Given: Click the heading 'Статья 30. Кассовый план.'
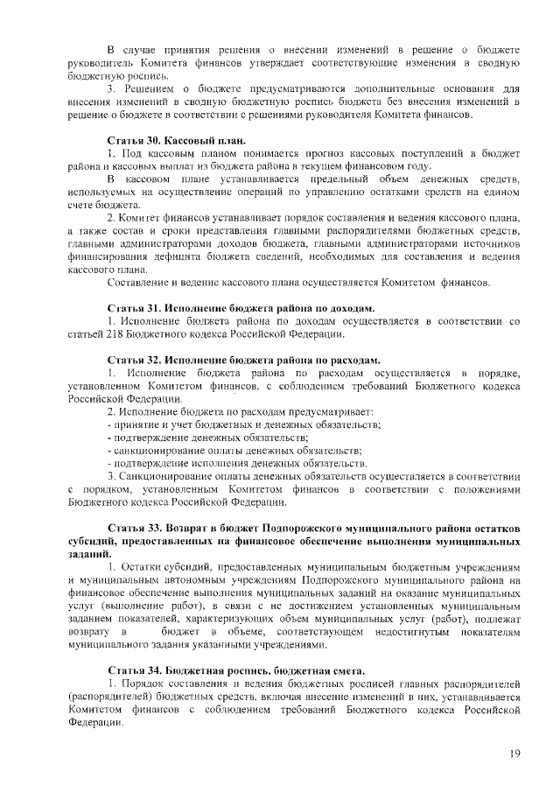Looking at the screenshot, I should [x=176, y=141].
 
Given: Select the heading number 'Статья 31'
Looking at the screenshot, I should [x=131, y=309].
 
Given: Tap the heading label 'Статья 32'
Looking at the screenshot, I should [x=131, y=360].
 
